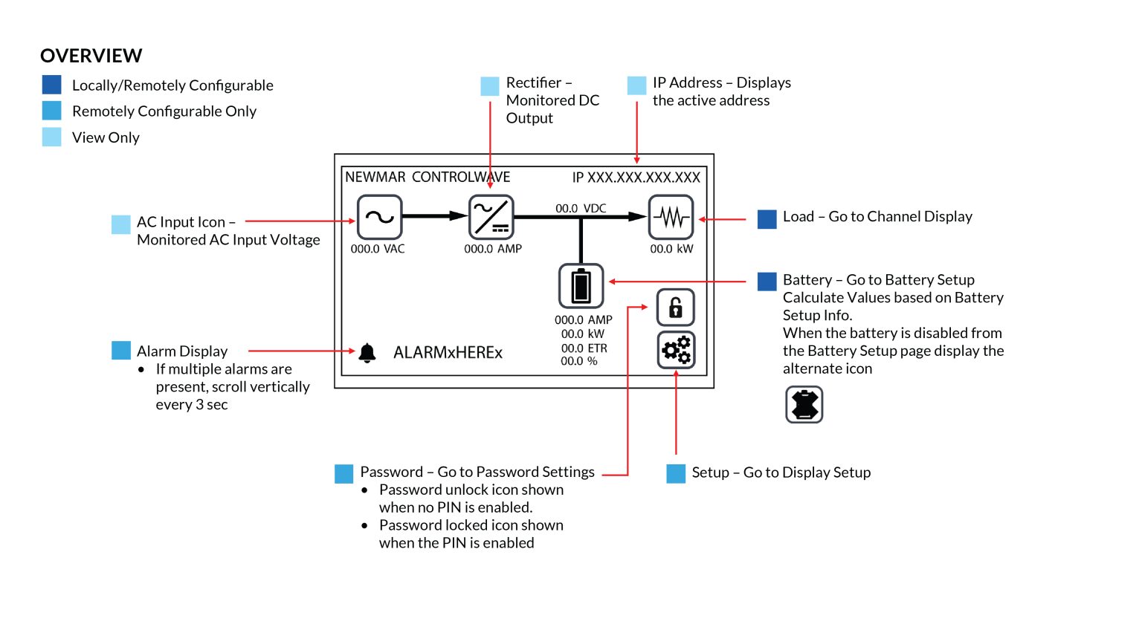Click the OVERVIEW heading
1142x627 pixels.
coord(91,56)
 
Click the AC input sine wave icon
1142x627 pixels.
coord(379,217)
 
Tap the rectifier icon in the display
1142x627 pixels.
coord(491,217)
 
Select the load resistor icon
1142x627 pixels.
coord(671,217)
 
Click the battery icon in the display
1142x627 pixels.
coord(581,286)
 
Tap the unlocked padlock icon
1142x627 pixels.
coord(675,308)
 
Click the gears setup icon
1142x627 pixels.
coord(676,350)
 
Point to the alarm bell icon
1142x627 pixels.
coord(367,352)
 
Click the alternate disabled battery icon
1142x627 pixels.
coord(804,405)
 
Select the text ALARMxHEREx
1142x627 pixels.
coord(448,353)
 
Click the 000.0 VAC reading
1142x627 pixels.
coord(378,249)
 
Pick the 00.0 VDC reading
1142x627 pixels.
coord(581,209)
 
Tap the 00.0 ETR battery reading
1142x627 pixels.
coord(584,348)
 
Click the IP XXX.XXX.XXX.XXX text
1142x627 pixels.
coord(636,178)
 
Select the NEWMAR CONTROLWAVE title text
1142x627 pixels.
coord(428,178)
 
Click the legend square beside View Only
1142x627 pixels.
coord(52,137)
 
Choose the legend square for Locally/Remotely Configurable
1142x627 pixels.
coord(52,85)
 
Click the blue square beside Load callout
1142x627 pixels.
coord(767,219)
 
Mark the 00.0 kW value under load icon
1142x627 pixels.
coord(671,249)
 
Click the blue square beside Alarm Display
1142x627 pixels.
coord(120,351)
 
